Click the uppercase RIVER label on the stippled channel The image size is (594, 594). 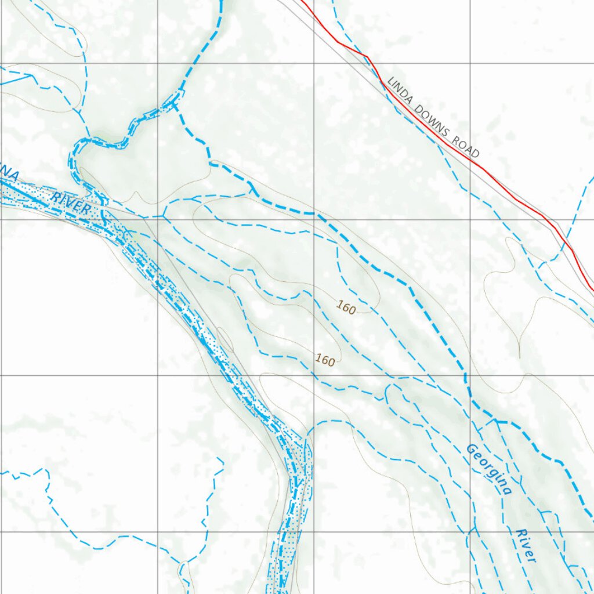tap(71, 203)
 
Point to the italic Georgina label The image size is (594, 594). tap(489, 469)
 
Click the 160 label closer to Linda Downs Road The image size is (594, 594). tap(346, 309)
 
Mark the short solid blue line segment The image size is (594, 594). tap(15, 79)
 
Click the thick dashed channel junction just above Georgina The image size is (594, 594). tap(496, 421)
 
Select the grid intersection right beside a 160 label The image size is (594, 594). tap(314, 375)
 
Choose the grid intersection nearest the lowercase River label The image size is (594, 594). tap(470, 532)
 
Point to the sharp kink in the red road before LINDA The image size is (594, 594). tap(366, 56)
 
